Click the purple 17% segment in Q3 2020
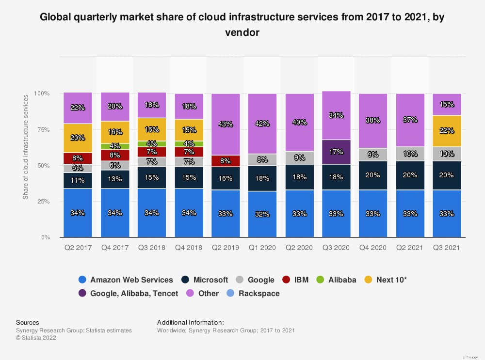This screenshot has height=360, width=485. [x=336, y=152]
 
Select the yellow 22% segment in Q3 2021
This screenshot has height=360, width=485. [x=447, y=130]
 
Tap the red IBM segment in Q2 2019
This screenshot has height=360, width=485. [x=226, y=161]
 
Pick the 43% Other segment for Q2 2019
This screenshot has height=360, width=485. [x=226, y=124]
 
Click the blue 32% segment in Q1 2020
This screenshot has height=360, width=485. [x=262, y=214]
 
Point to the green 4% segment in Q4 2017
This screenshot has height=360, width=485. [x=115, y=146]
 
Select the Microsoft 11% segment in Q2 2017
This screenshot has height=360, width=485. [x=78, y=180]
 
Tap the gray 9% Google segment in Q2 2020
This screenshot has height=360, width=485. [x=299, y=157]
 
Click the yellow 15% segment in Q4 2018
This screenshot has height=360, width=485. [x=189, y=130]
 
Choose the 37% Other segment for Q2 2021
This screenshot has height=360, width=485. [x=410, y=120]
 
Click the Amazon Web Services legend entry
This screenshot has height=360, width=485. [x=126, y=280]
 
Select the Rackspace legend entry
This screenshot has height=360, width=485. [x=254, y=294]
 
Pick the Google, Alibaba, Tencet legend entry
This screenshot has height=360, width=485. [x=128, y=294]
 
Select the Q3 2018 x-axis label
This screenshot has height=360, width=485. [x=151, y=248]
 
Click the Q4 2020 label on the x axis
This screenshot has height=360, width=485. [x=372, y=248]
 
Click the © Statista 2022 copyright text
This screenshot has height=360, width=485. [x=36, y=338]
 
